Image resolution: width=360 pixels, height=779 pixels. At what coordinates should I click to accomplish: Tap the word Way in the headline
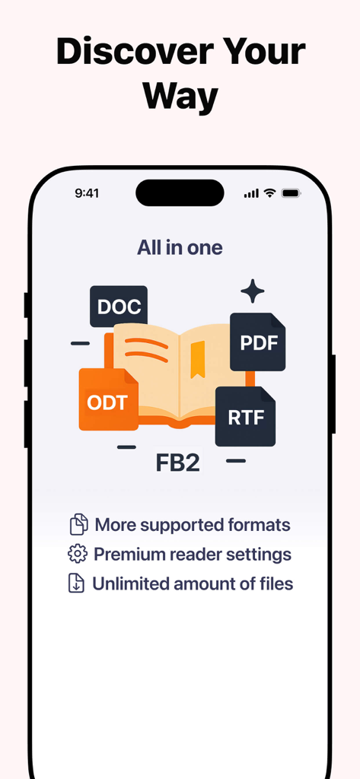(180, 97)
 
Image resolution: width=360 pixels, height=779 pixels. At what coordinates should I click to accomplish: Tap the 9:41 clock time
(87, 193)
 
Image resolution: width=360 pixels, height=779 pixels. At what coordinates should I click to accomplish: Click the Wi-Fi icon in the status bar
(269, 193)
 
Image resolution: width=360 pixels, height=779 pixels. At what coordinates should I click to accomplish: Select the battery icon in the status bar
(291, 193)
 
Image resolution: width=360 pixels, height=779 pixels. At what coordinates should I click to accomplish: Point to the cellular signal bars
(251, 193)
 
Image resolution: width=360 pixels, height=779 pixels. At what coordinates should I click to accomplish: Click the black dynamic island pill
(180, 192)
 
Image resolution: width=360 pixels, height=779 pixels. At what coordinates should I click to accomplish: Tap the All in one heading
(180, 248)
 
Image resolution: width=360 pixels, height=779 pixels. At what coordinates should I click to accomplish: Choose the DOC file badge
(119, 307)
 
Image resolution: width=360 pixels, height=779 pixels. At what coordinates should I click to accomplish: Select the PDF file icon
(258, 342)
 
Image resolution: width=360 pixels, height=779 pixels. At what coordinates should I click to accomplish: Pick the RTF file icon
(245, 417)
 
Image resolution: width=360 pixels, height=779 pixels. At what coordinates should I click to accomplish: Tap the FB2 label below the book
(177, 463)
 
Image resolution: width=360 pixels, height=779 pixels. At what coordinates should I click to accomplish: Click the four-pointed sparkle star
(252, 291)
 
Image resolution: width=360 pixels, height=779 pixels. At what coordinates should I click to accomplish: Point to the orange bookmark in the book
(198, 359)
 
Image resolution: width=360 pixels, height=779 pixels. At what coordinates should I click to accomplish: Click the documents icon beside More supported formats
(78, 525)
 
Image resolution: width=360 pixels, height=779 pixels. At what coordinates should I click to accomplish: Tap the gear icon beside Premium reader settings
(77, 555)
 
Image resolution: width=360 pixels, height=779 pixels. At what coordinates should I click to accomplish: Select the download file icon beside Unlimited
(77, 584)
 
